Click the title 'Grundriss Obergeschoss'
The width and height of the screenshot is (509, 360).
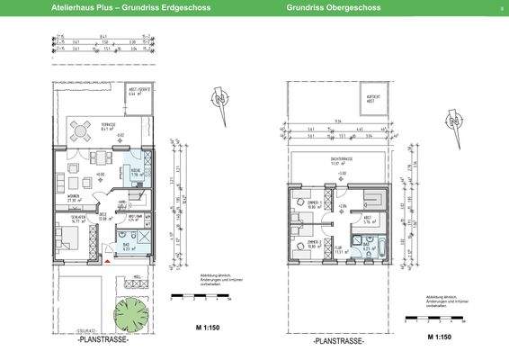click(x=333, y=7)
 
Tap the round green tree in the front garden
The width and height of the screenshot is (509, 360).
click(x=132, y=308)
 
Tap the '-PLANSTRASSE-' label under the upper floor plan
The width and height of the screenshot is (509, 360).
click(x=337, y=342)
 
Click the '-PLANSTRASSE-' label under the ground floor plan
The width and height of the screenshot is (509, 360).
click(x=103, y=341)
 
